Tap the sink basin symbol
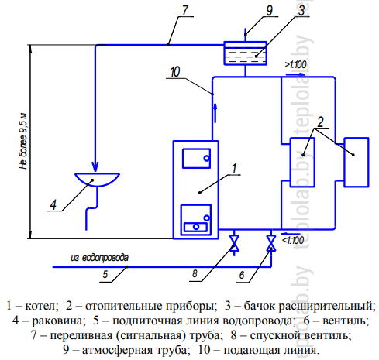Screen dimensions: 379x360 97,180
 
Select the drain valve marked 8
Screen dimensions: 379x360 234,243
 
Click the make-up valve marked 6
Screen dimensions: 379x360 271,243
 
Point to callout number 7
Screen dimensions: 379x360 185,10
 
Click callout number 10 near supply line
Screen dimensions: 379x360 175,72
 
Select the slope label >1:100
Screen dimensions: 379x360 295,64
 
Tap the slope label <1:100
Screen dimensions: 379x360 293,241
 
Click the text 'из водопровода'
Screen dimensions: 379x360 99,258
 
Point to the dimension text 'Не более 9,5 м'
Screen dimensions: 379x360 23,141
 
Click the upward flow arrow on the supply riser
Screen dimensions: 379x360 215,113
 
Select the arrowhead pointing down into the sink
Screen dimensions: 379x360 95,166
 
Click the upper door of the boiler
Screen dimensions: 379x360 196,158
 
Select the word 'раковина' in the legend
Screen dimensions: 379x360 58,321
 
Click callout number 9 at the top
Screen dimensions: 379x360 270,10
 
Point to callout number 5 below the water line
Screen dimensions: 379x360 105,274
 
